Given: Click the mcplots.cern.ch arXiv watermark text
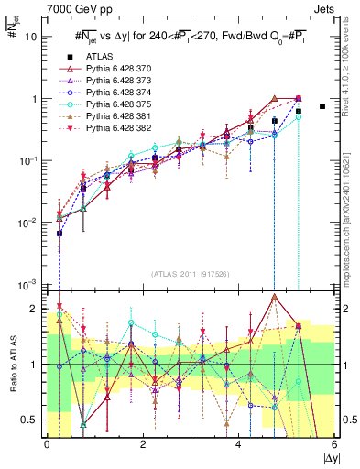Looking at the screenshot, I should [350, 210].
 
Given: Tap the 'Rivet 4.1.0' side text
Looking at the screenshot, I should [350, 73].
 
